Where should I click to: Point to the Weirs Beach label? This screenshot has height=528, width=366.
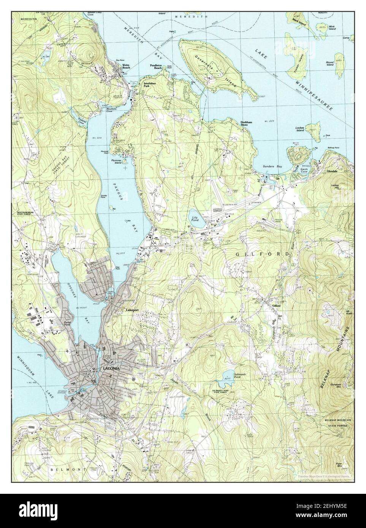[126, 66]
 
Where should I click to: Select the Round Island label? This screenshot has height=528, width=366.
[330, 63]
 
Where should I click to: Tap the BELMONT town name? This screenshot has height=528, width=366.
[63, 470]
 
